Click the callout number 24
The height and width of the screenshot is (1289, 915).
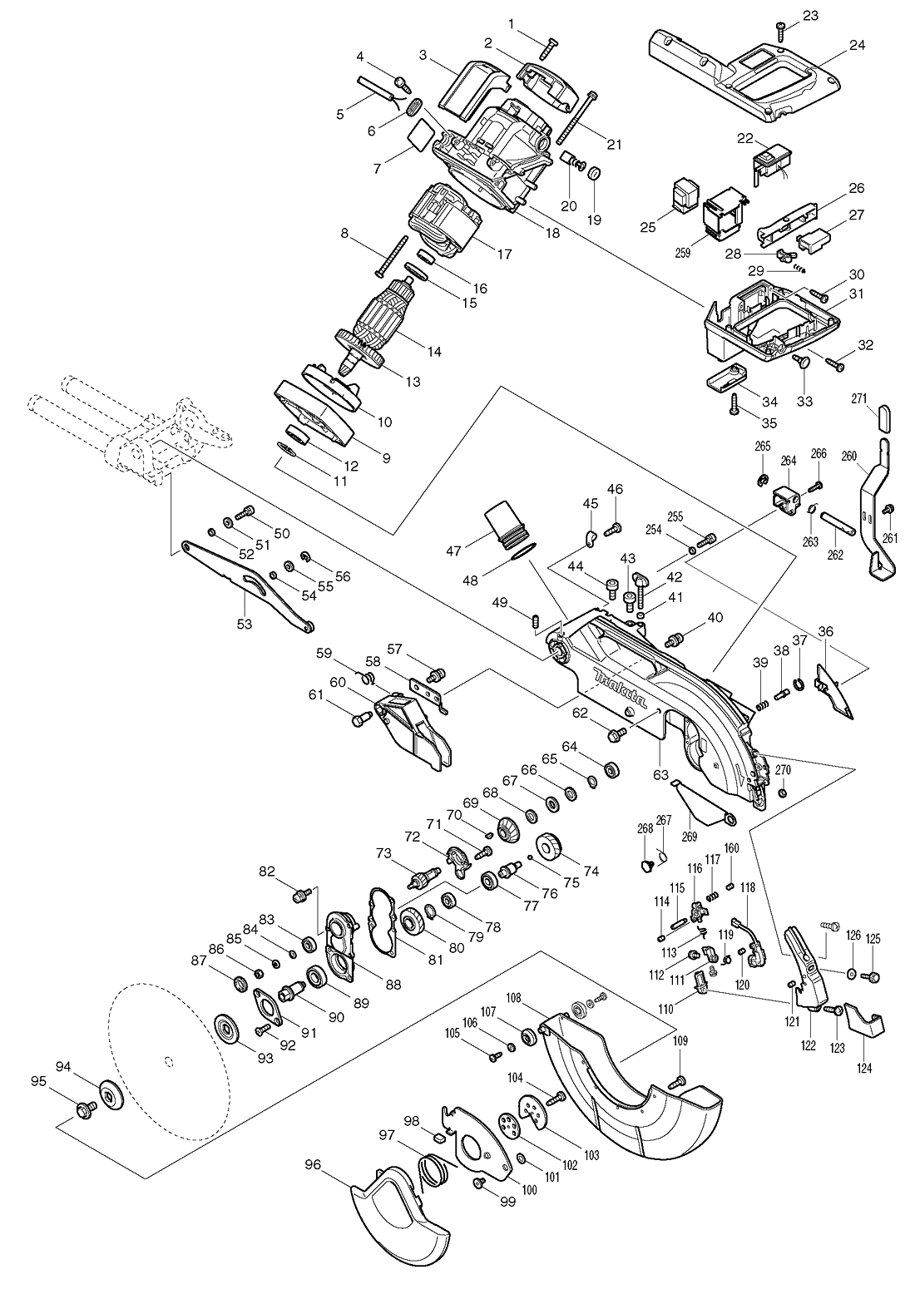pos(857,45)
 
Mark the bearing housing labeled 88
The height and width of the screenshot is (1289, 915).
pos(343,946)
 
